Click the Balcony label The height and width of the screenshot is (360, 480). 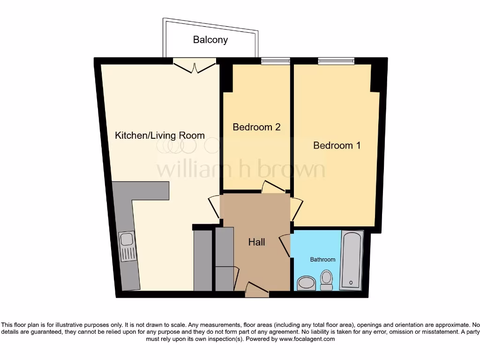210,40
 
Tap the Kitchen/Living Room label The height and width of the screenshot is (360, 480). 160,135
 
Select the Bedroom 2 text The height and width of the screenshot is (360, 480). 256,127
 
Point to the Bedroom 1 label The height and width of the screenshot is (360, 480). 337,145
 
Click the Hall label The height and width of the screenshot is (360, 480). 256,242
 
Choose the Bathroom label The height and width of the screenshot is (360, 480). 322,259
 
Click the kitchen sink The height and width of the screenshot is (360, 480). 127,246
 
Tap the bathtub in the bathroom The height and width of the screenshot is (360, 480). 351,260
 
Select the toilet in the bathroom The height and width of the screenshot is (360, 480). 326,279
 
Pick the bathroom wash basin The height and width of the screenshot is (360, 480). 307,283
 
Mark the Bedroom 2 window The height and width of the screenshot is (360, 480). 275,60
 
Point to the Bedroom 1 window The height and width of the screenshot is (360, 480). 336,60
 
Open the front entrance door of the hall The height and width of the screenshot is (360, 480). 256,290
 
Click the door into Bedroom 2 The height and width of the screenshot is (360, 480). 274,187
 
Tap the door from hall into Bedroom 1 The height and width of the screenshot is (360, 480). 297,209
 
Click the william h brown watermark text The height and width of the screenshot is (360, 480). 240,170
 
